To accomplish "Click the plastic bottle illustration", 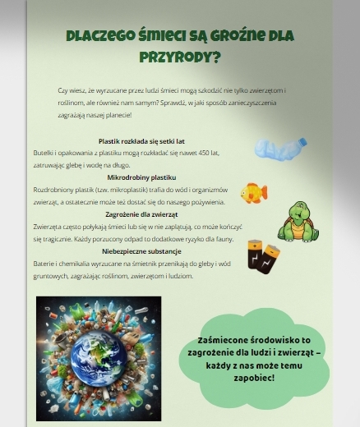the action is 280,149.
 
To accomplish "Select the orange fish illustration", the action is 253,193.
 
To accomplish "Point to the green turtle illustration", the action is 297,223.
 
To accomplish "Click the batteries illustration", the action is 264,256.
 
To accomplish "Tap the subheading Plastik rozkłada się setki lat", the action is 141,140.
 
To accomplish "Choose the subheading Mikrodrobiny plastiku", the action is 141,177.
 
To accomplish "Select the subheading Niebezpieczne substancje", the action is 141,250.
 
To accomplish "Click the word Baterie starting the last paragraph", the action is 44,263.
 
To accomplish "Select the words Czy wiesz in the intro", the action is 71,90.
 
